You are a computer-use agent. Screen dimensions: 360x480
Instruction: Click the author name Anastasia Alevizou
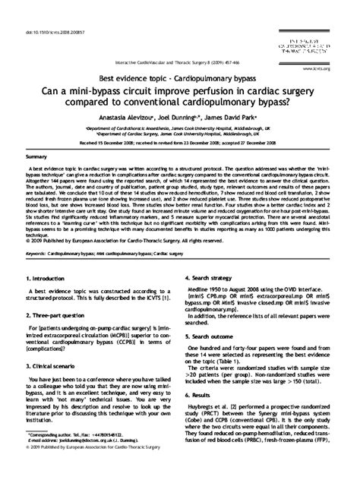click(126, 118)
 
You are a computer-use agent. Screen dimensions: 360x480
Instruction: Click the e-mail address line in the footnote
click(82, 459)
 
